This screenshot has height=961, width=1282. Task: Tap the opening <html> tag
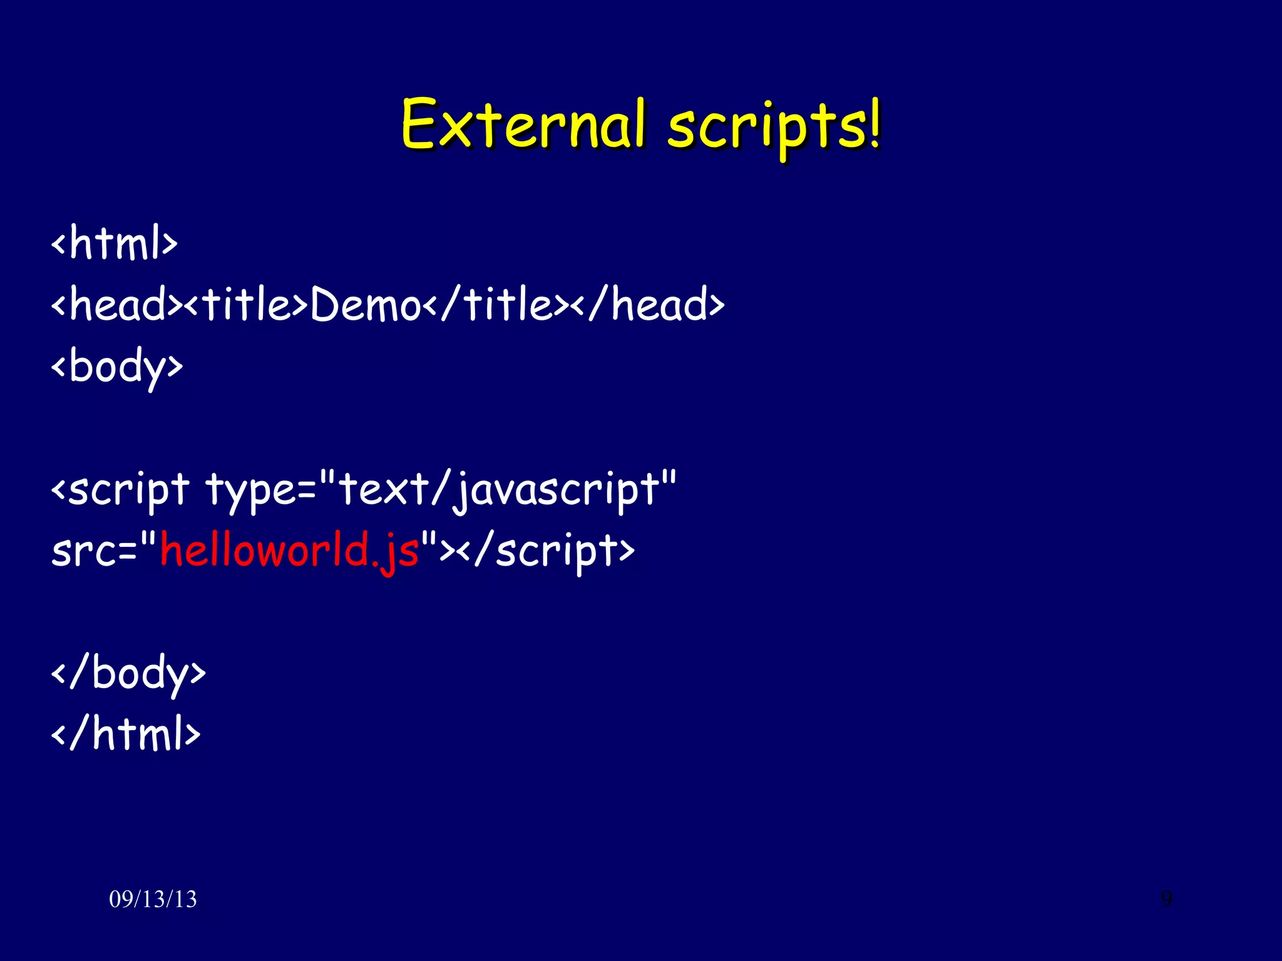(115, 243)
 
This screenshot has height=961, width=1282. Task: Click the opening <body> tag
(117, 367)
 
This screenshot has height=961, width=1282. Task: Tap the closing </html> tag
(126, 734)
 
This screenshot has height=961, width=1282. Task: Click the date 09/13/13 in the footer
(153, 899)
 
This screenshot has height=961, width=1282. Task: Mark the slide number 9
(1167, 898)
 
